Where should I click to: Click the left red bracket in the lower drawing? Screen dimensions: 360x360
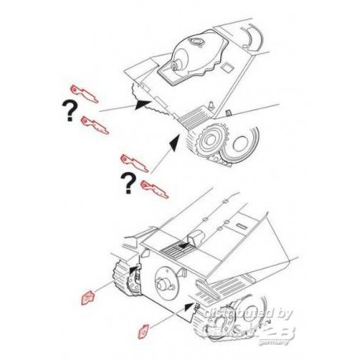point(89,296)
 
